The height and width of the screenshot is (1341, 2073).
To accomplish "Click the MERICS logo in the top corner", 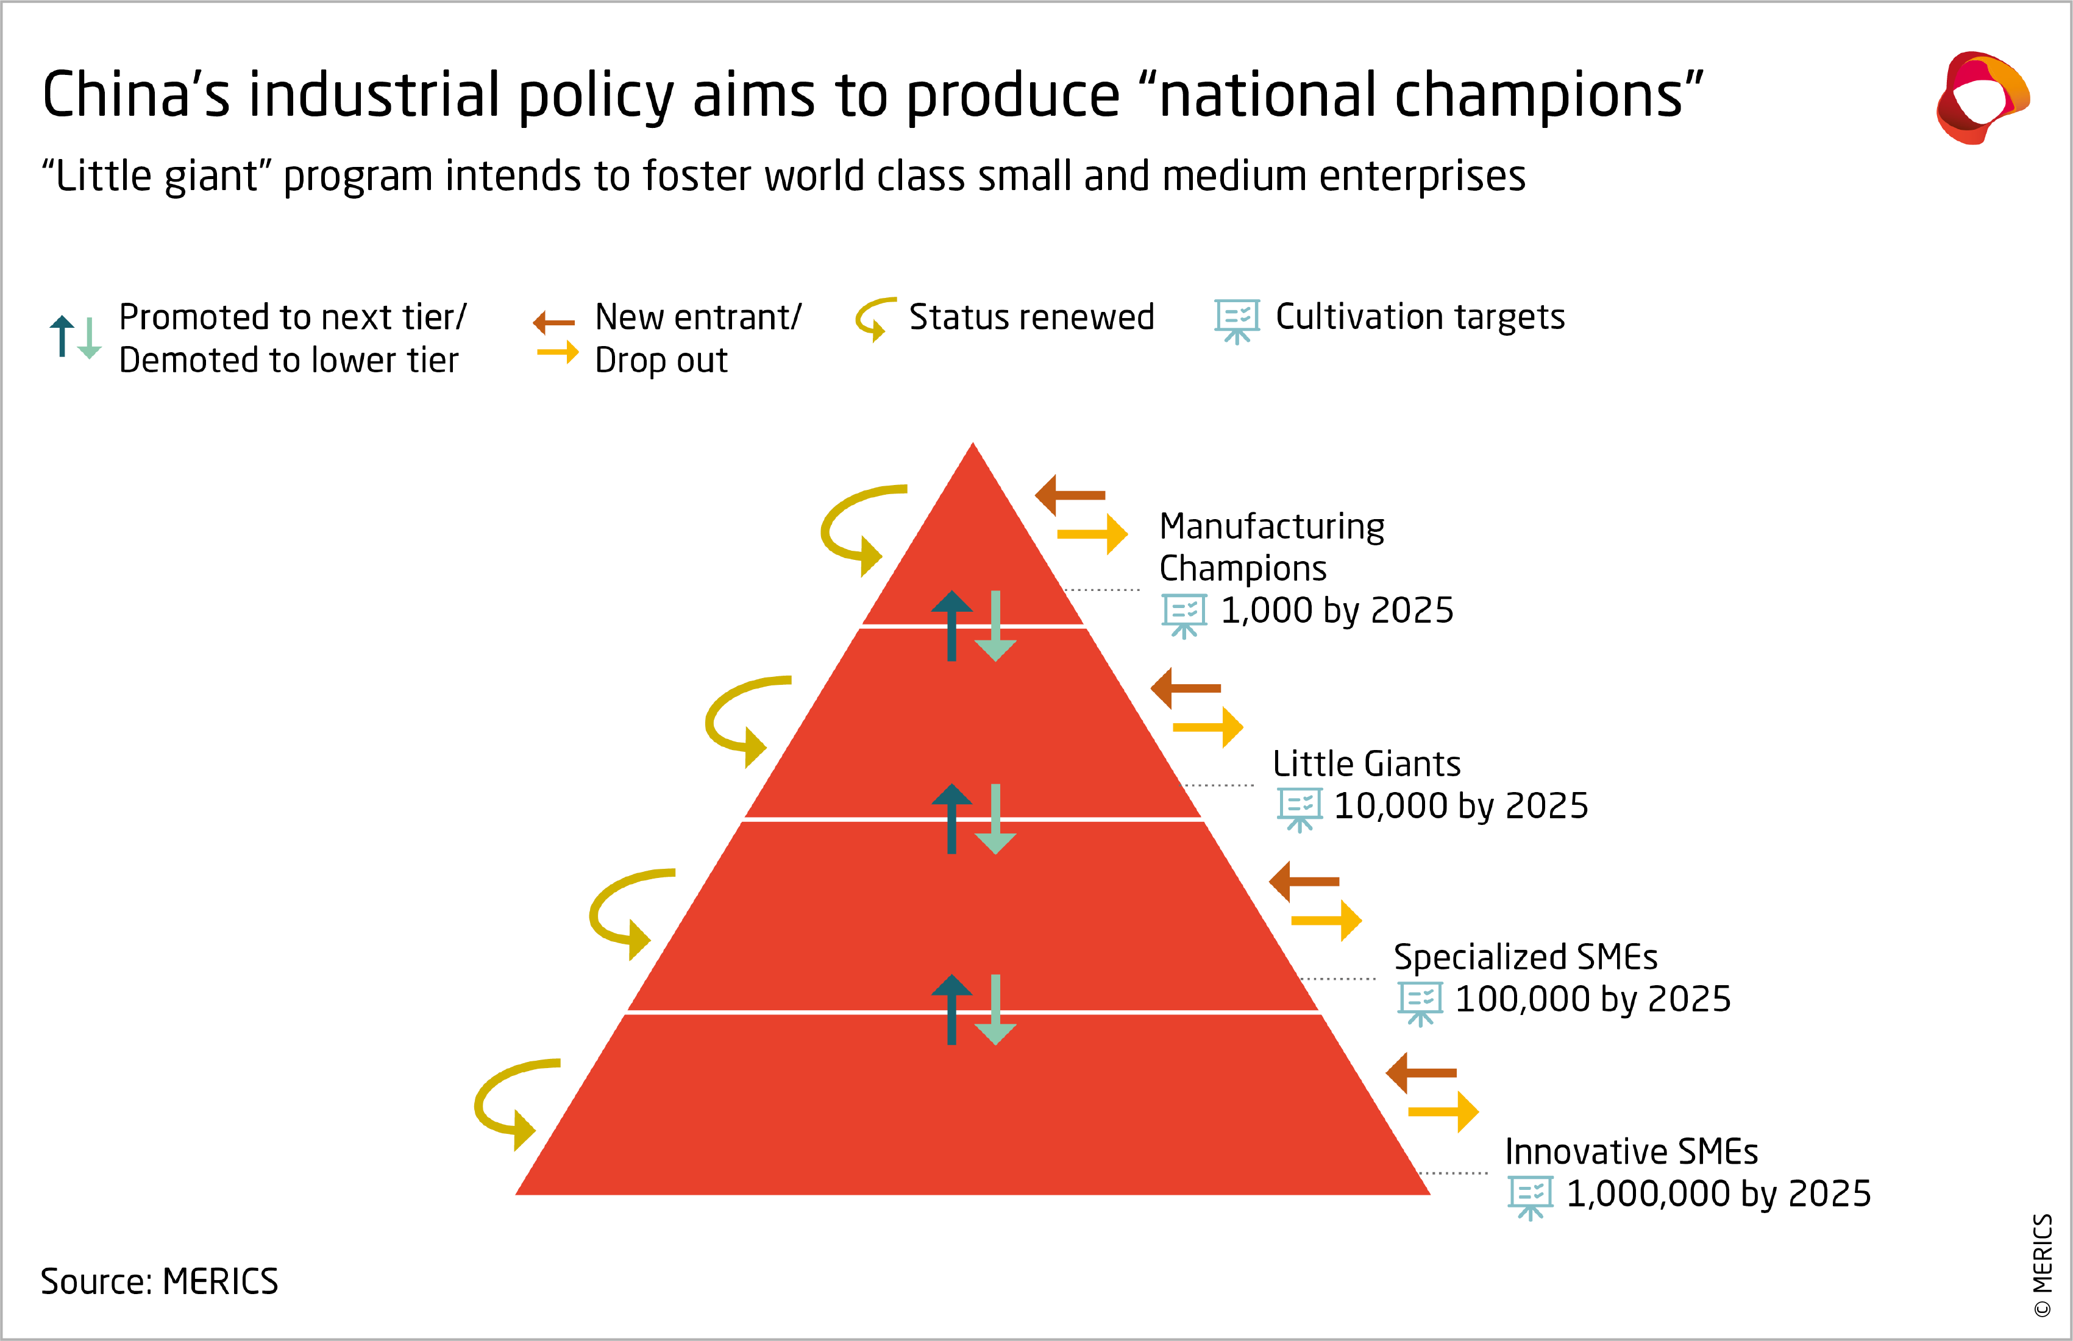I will (1982, 97).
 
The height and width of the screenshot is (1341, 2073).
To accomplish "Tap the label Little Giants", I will (1366, 763).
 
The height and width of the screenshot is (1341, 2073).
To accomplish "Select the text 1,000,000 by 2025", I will (1718, 1194).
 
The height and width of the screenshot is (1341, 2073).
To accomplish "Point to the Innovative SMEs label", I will (1630, 1152).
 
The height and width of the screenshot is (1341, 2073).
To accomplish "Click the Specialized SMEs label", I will (1525, 957).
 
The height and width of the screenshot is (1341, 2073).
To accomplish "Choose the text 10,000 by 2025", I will (1460, 806).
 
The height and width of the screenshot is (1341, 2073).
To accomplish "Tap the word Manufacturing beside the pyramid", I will (1271, 527).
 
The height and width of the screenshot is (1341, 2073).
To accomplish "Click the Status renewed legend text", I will (1031, 317).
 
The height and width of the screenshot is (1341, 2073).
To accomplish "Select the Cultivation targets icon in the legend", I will (1237, 320).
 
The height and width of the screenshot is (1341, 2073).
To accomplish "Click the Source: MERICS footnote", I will (160, 1282).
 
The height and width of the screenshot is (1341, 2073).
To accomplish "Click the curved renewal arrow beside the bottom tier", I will (509, 1102).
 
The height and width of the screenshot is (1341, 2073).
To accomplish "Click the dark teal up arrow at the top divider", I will (951, 625).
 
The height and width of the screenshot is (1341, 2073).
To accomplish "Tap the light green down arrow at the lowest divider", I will (995, 1010).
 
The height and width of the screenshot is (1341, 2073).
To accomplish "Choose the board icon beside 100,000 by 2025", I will (1420, 1002).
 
